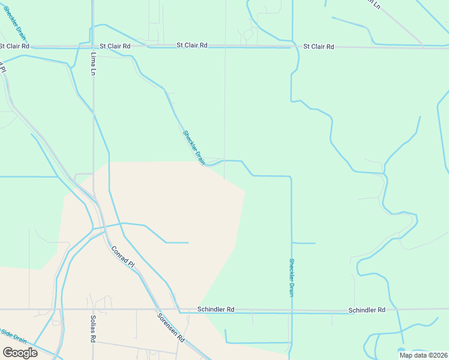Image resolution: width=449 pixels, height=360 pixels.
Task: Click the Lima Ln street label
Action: tap(93, 63)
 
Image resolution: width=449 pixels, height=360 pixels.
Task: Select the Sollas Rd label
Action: tap(93, 329)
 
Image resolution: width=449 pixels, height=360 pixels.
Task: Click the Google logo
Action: tap(19, 352)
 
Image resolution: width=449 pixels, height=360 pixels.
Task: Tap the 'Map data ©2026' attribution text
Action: tap(423, 355)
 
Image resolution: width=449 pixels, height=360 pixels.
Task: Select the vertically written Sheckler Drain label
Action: tap(292, 277)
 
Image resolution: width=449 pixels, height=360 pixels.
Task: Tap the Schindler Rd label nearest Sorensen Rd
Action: tap(215, 310)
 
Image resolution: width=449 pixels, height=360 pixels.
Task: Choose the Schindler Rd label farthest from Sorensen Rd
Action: tap(366, 310)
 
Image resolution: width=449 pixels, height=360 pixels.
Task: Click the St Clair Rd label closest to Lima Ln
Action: tap(115, 46)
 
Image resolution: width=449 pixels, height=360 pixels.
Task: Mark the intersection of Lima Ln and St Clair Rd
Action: tap(93, 46)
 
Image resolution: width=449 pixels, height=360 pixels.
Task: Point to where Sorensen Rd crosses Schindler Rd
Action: tap(151, 310)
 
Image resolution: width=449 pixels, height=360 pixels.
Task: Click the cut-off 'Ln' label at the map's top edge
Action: tap(376, 4)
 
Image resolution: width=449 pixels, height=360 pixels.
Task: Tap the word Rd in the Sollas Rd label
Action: tap(93, 337)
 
